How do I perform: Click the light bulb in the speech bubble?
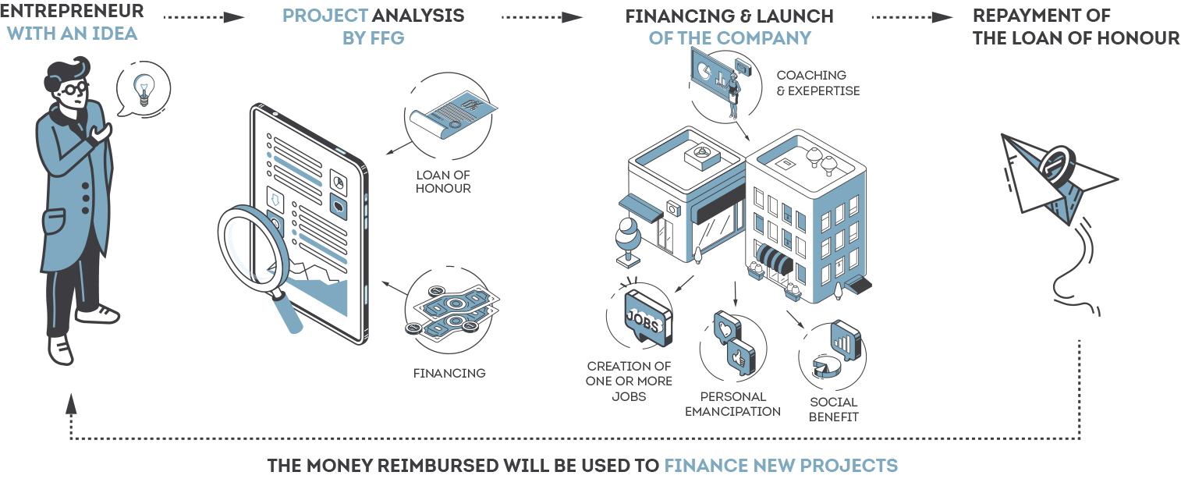143,88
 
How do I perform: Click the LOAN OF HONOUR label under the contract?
443,182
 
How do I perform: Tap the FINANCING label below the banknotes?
449,373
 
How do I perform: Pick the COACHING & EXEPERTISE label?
817,83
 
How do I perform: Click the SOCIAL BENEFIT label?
833,409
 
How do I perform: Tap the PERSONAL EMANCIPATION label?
732,403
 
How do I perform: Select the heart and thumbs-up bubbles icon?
734,344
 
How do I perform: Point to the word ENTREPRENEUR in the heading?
72,12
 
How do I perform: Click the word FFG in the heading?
385,37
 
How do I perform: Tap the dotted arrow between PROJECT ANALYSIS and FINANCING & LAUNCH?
541,16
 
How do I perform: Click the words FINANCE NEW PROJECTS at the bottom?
781,466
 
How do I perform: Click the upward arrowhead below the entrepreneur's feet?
72,403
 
